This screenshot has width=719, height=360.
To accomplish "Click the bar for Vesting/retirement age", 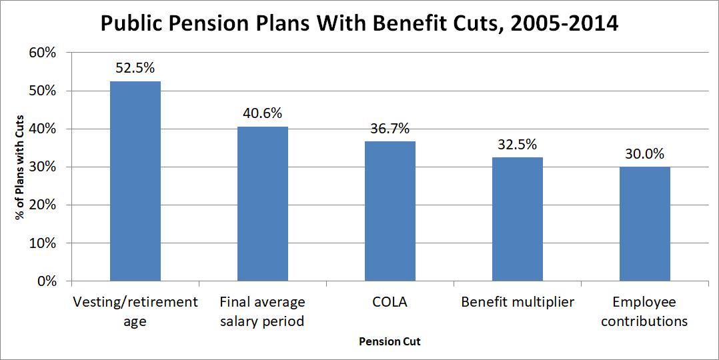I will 135,181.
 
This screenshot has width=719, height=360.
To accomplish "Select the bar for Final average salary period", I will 263,203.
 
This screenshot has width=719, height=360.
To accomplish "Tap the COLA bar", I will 390,211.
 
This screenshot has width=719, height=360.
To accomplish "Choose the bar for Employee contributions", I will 645,223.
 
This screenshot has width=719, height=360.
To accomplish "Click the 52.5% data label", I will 135,67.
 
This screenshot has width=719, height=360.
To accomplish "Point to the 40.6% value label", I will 263,113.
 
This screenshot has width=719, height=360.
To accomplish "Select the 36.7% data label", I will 390,128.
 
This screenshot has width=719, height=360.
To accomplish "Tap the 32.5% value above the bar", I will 518,144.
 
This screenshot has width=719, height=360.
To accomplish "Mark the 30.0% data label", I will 645,153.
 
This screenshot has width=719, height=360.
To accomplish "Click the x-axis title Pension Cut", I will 390,341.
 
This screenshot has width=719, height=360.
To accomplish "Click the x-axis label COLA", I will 390,302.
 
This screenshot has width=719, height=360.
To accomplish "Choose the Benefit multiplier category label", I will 518,302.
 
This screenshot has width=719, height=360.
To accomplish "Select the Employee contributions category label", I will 645,311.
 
